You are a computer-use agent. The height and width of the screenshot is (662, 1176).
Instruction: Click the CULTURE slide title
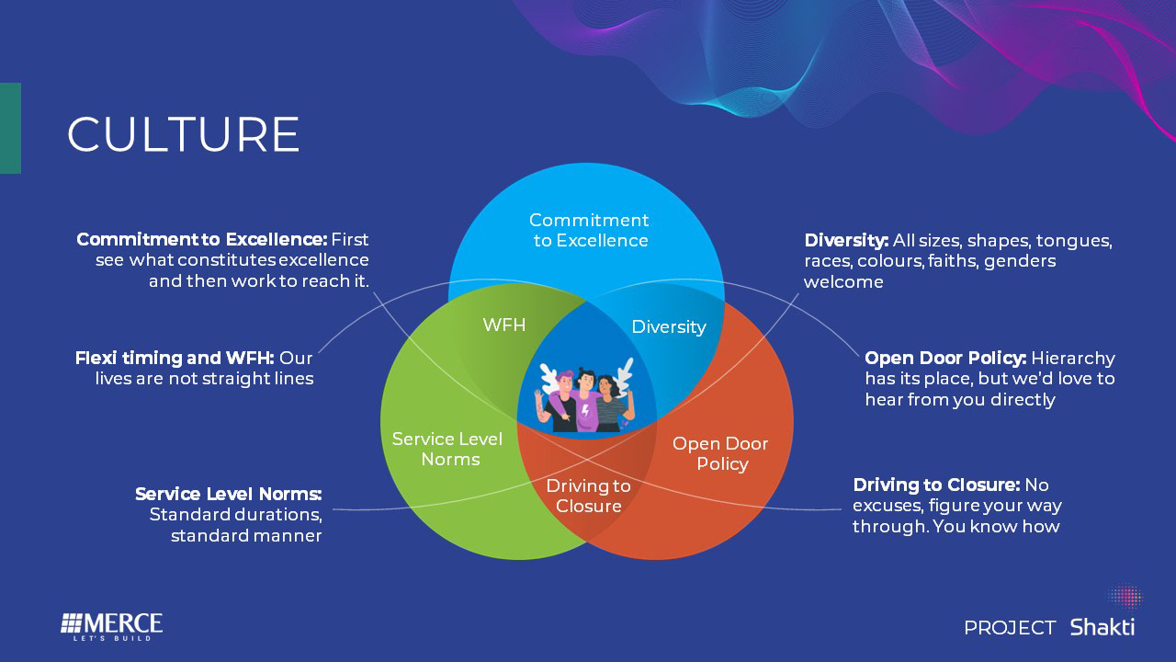coord(184,134)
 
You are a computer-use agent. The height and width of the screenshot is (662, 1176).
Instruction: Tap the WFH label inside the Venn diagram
coord(504,325)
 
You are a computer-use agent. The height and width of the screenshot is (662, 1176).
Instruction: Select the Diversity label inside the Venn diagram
coord(669,326)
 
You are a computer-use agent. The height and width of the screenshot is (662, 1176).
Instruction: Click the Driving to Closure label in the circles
coord(588,496)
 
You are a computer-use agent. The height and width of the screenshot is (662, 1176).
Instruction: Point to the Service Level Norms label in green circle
coord(447,449)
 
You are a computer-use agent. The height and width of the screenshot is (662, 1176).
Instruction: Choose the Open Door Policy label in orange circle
coord(720,453)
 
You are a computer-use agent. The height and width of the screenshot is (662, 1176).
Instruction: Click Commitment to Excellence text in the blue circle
coord(589,230)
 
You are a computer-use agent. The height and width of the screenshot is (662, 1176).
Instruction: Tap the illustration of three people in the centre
coord(587,397)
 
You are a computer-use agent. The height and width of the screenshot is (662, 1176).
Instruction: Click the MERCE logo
coord(111,625)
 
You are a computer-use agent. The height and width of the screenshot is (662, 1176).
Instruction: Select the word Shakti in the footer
coord(1102,627)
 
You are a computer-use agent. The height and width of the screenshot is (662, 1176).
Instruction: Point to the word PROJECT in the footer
coord(1010,628)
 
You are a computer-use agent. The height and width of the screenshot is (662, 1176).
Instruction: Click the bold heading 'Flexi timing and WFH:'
coord(175,357)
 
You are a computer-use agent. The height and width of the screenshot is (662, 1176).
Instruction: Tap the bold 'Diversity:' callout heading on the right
coord(846,240)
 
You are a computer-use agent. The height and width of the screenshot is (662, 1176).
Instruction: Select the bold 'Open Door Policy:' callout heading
coord(945,358)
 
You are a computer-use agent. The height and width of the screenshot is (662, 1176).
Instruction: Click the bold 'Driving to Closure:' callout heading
coord(936,485)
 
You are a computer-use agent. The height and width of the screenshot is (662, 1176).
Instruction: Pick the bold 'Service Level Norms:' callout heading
coord(228,494)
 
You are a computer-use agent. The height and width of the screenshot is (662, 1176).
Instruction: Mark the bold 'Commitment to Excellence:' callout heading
coord(201,239)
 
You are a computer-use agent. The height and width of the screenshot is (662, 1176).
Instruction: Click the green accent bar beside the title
coord(10,128)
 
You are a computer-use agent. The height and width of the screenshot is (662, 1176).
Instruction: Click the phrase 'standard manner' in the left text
coord(246,535)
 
